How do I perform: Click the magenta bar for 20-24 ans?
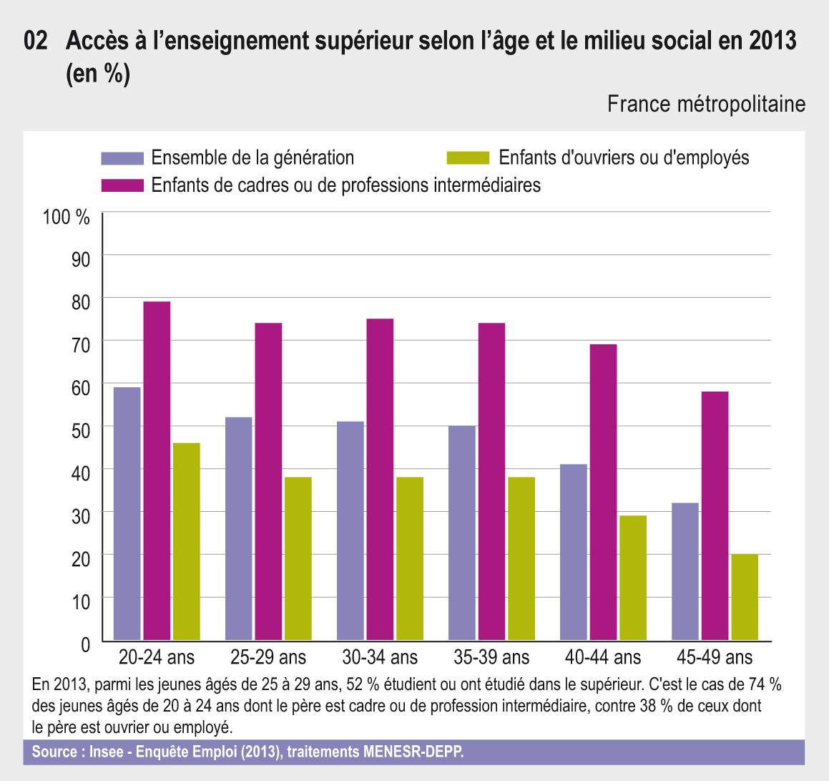pyautogui.click(x=157, y=470)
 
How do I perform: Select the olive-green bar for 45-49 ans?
pyautogui.click(x=745, y=597)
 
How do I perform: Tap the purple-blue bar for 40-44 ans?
pyautogui.click(x=574, y=552)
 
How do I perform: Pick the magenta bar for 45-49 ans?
pyautogui.click(x=715, y=515)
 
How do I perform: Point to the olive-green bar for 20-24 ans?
pyautogui.click(x=187, y=541)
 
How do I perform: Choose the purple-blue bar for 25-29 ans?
pyautogui.click(x=238, y=528)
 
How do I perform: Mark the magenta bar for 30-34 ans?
pyautogui.click(x=380, y=479)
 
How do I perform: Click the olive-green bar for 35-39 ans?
pyautogui.click(x=521, y=558)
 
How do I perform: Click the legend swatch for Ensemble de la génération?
pyautogui.click(x=122, y=158)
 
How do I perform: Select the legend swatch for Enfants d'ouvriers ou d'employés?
pyautogui.click(x=468, y=158)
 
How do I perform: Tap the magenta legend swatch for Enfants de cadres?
pyautogui.click(x=122, y=185)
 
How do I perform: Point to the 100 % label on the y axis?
pyautogui.click(x=67, y=217)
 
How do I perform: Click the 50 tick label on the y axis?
pyautogui.click(x=80, y=430)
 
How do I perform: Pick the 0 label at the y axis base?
pyautogui.click(x=85, y=645)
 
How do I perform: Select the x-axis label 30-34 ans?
pyautogui.click(x=380, y=657)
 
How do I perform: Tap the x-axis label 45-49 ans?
pyautogui.click(x=715, y=657)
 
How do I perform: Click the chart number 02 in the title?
pyautogui.click(x=36, y=41)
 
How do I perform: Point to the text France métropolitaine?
pyautogui.click(x=706, y=105)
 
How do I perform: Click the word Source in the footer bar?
pyautogui.click(x=54, y=752)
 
